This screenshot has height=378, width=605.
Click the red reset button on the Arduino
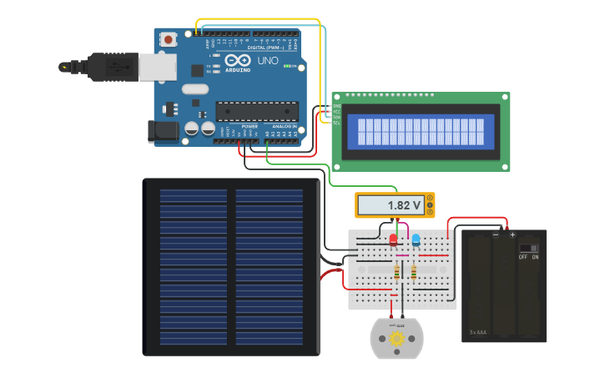click(x=169, y=39)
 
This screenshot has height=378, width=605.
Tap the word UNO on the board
click(x=267, y=61)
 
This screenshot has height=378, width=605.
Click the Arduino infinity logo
click(x=236, y=61)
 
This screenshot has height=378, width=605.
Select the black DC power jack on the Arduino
click(x=160, y=129)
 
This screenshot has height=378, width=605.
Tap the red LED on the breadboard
click(x=393, y=240)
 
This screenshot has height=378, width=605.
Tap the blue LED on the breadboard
click(x=416, y=240)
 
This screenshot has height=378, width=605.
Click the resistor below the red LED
click(x=395, y=273)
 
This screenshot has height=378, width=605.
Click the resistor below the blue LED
click(x=413, y=272)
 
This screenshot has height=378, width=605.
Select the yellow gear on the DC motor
click(x=396, y=339)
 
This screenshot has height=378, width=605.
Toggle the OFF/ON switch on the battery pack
click(x=528, y=248)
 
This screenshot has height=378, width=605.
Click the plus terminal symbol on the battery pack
click(x=512, y=234)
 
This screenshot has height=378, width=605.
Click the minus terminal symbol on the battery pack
click(x=496, y=234)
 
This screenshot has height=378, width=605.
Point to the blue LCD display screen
click(x=420, y=131)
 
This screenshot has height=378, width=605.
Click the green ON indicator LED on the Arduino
click(x=287, y=66)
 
